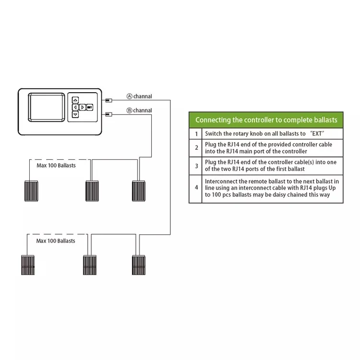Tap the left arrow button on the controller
tap(75, 108)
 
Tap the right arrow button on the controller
tap(83, 108)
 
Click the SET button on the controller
tap(89, 108)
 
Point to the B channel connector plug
tap(108, 114)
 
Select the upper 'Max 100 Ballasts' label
tap(56, 166)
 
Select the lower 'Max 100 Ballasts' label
tap(56, 241)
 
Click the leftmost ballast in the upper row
tap(33, 191)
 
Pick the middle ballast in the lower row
tap(90, 265)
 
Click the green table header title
tap(266, 120)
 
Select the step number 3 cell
tap(196, 166)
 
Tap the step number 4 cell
tap(196, 188)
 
